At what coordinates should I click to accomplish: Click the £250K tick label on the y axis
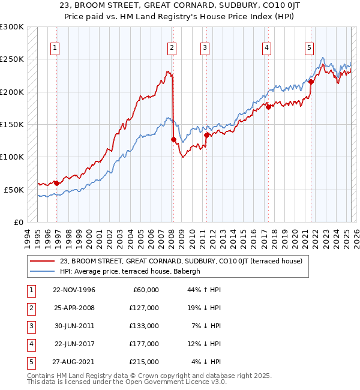12,59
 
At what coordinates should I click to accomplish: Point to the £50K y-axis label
14,190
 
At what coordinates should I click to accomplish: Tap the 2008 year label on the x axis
172,238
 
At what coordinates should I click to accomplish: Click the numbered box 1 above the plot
55,49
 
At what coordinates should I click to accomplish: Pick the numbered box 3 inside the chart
205,49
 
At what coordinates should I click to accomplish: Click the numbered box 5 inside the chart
308,49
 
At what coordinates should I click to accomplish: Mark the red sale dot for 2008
173,139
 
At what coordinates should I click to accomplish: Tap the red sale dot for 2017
268,107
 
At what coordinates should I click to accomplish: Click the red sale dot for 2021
311,82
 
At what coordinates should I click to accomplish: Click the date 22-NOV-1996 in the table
74,290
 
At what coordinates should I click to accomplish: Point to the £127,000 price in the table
145,308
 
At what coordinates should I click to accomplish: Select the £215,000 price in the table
145,362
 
